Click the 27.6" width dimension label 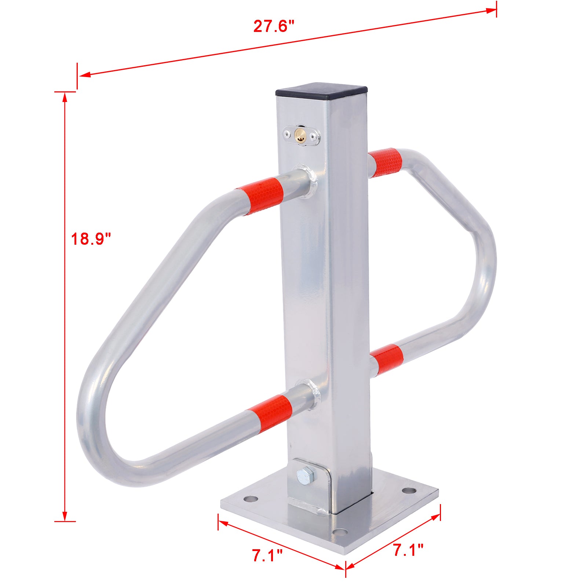[x=274, y=27]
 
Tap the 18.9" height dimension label [x=91, y=239]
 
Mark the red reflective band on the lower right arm [x=387, y=358]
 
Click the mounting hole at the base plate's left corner [x=251, y=499]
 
